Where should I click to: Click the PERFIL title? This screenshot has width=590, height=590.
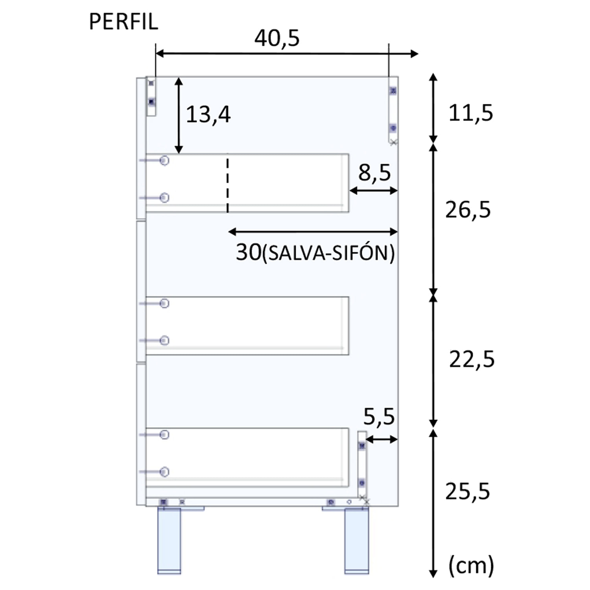tap(124, 22)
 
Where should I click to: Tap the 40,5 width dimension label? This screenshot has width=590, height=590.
tap(277, 39)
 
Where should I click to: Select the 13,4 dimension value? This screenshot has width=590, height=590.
tap(208, 115)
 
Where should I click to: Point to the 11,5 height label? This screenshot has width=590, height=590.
tap(470, 113)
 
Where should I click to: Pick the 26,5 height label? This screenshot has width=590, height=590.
tap(468, 210)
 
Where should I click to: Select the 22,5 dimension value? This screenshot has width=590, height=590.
tap(472, 359)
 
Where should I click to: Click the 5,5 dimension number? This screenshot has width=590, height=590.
tap(379, 417)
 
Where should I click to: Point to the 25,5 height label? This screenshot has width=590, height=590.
tap(468, 491)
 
